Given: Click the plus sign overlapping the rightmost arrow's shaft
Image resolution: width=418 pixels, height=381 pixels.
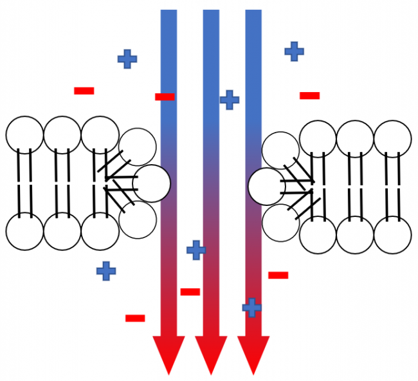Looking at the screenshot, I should [252, 308].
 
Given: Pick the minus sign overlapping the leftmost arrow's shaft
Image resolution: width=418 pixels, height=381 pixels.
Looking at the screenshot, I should [165, 97].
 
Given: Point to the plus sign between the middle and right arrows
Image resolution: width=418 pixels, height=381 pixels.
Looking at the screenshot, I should [229, 100].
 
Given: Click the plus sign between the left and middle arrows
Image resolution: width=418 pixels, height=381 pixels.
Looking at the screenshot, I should [196, 250].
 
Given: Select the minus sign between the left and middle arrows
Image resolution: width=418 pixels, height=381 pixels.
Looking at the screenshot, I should [190, 292].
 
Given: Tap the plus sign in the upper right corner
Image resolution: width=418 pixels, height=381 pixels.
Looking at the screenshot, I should [294, 51].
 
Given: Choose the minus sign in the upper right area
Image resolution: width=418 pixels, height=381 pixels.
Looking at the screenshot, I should [309, 96].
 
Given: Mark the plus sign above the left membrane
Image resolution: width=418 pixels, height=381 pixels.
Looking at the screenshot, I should [127, 59].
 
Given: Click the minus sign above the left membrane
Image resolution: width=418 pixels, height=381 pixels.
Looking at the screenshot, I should [84, 91].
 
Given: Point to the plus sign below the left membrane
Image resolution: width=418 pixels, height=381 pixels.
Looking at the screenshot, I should [106, 271].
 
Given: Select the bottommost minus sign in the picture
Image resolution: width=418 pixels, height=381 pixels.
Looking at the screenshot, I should [135, 318].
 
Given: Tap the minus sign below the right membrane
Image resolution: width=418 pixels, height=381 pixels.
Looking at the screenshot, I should [278, 275].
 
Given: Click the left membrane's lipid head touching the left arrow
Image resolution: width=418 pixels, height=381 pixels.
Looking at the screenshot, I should [152, 183].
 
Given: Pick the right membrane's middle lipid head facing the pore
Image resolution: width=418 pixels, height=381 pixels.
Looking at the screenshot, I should [266, 186].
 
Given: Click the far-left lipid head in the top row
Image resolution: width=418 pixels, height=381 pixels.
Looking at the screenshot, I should [24, 135].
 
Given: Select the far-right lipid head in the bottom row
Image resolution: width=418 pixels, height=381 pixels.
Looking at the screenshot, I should [392, 235].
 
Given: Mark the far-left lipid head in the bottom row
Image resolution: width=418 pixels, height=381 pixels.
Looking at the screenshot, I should [24, 231].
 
